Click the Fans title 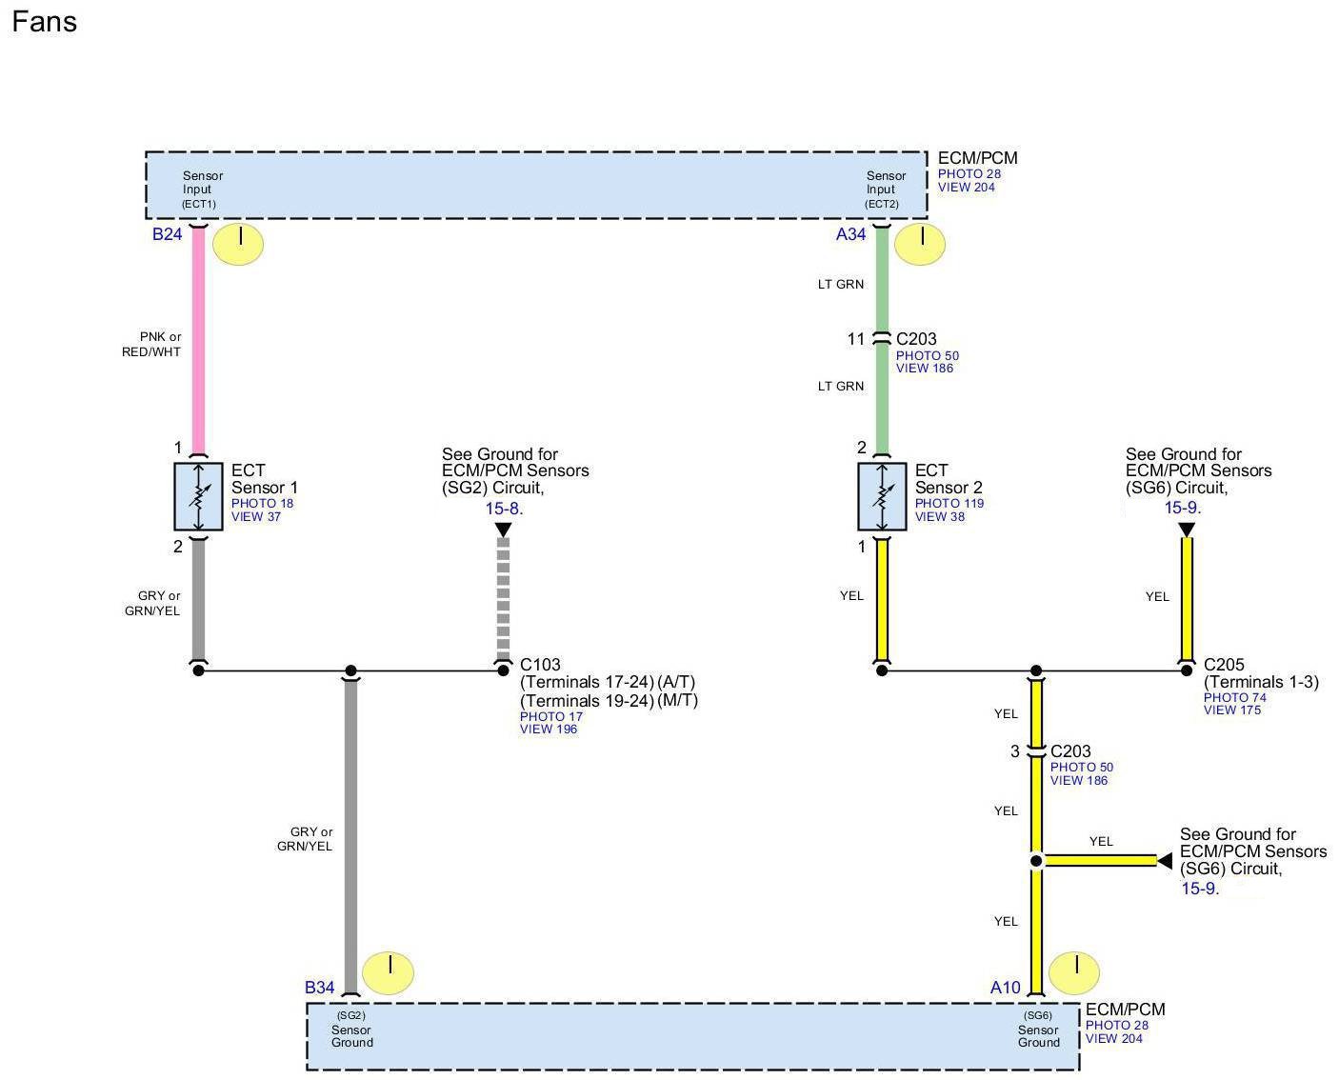point(44,22)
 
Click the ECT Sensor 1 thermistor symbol point(198,496)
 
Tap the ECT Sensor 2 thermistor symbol point(882,496)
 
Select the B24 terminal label point(167,234)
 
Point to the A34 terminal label point(850,234)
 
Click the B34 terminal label point(319,988)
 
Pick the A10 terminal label point(1005,988)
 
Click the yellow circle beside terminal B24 point(238,244)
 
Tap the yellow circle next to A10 point(1074,973)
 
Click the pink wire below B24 point(198,343)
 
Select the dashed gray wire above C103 point(503,598)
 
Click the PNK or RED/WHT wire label point(151,344)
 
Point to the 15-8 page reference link point(503,509)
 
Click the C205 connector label point(1224,665)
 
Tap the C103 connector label point(540,665)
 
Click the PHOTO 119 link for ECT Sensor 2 point(949,504)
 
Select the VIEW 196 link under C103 point(549,730)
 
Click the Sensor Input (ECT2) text point(886,190)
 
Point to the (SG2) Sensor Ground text point(351,1030)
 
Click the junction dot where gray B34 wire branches point(350,670)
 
